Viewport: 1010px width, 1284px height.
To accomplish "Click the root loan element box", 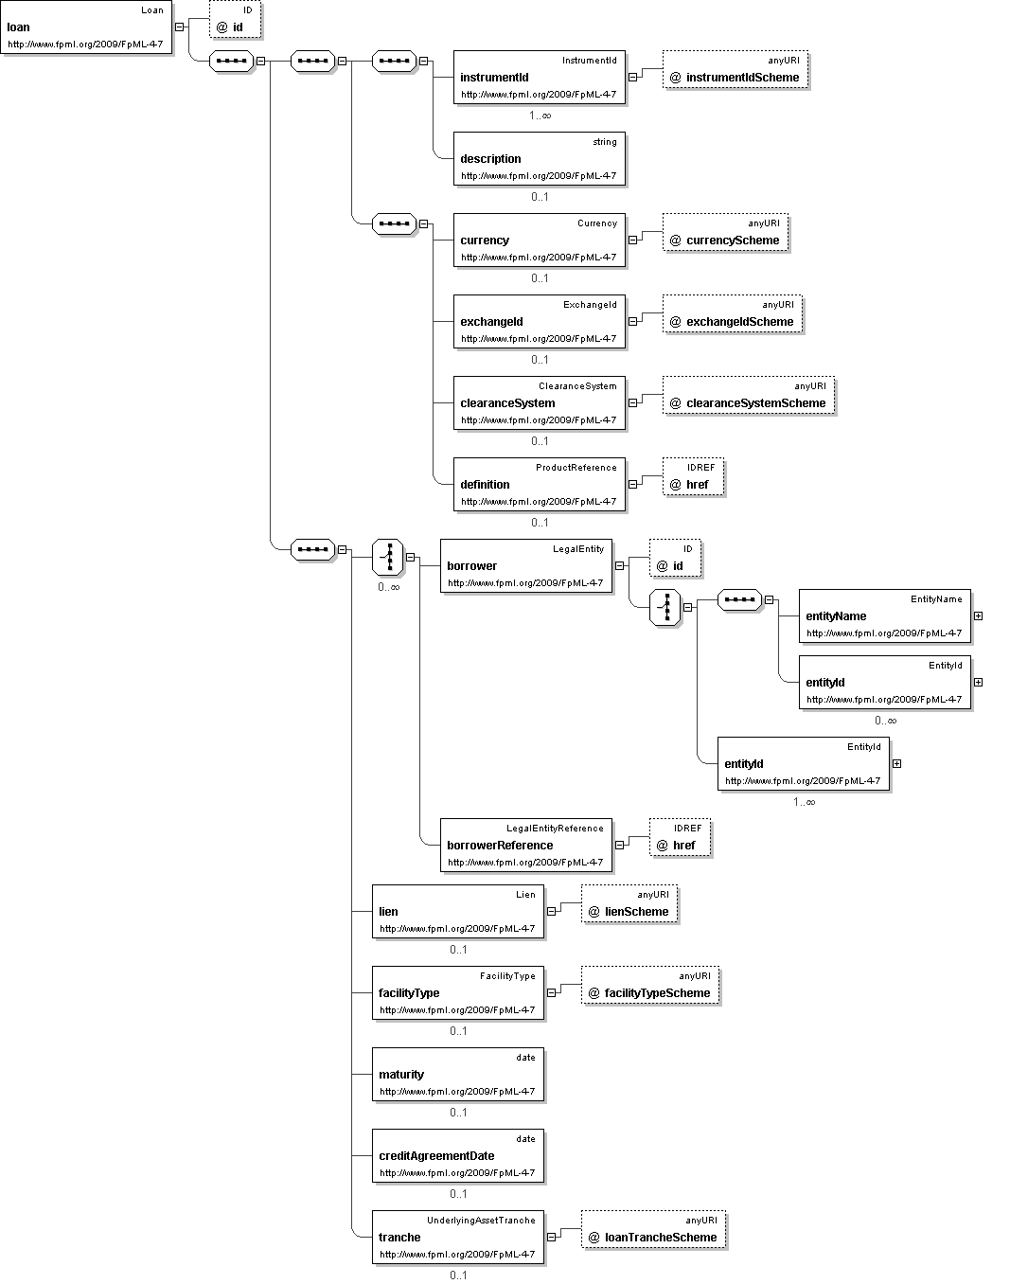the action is point(86,27).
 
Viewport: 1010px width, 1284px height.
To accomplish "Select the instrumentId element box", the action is point(540,78).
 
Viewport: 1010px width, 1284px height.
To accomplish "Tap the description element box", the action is point(540,159).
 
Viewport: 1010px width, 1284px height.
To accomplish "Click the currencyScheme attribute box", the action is point(725,233).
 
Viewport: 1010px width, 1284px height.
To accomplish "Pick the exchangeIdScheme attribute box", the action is point(733,313).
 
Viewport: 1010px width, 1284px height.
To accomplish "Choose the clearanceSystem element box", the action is point(540,402).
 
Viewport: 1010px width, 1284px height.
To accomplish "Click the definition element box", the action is point(540,485).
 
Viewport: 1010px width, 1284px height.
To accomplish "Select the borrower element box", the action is point(526,565).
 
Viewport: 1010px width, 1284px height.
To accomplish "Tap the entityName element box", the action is point(885,616).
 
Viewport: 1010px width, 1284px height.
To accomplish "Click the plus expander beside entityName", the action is point(979,616).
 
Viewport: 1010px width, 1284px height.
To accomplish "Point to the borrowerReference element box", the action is point(526,845).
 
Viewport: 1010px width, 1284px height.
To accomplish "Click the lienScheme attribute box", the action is point(629,904).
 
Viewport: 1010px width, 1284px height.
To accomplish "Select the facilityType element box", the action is point(458,993).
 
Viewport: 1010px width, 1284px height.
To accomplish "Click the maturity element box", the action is point(458,1074).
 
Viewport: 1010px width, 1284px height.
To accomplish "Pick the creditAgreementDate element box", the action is point(458,1156).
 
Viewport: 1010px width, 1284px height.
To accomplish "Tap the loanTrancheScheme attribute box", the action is point(654,1230).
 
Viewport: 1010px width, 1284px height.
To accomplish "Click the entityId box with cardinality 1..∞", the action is point(804,764).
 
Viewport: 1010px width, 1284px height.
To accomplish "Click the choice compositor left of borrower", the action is point(388,557).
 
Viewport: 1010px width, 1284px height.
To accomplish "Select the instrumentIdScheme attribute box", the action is point(735,70).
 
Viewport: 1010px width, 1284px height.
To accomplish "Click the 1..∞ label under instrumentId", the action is point(540,116).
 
